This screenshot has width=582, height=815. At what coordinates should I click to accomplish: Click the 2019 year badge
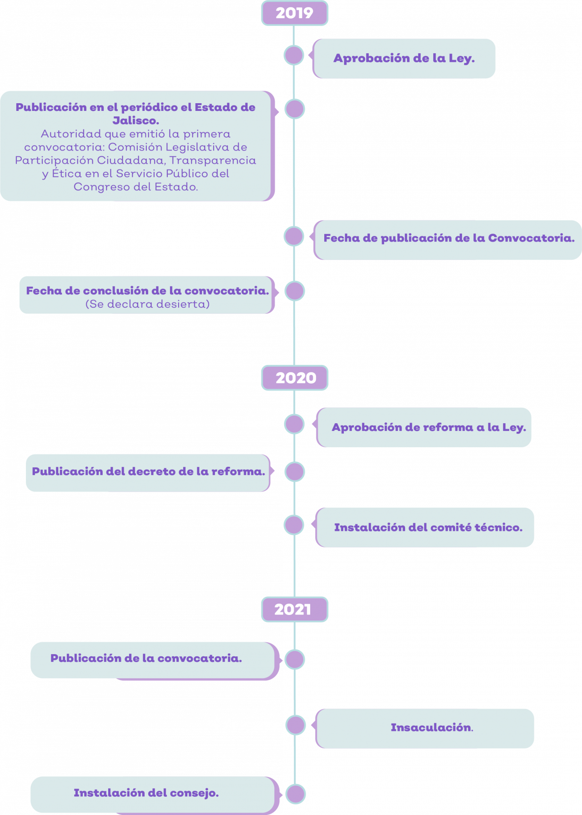(295, 13)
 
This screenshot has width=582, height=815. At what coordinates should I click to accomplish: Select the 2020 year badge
(295, 378)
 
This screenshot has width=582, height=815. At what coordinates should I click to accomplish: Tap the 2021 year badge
(295, 609)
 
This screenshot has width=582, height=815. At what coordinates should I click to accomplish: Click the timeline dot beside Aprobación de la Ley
(294, 55)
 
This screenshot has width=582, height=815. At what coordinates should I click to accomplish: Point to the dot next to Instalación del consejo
(296, 794)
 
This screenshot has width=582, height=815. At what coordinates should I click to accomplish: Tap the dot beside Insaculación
(296, 725)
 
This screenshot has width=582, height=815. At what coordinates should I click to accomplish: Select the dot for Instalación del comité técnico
(294, 525)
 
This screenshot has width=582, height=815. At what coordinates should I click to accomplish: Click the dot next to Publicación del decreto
(295, 472)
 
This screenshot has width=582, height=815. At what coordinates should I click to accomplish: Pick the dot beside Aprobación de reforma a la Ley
(294, 424)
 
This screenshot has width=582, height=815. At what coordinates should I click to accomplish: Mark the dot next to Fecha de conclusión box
(295, 291)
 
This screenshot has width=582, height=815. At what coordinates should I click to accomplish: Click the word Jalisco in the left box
(135, 121)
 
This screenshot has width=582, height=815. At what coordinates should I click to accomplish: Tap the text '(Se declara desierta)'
(147, 304)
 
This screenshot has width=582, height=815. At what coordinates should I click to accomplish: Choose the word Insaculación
(431, 727)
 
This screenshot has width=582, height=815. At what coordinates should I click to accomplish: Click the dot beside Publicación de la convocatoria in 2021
(295, 660)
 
